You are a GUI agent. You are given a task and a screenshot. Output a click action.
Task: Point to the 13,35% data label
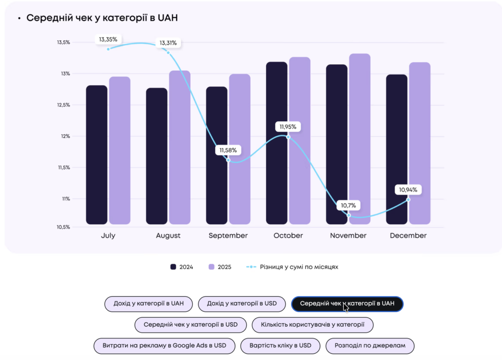pos(109,39)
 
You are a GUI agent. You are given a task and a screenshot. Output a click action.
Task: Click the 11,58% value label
pos(228,150)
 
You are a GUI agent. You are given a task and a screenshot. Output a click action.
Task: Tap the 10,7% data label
pos(349,205)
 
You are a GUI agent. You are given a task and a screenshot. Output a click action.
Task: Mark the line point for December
pos(408,200)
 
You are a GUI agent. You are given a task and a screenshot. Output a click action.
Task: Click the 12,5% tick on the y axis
pos(63,105)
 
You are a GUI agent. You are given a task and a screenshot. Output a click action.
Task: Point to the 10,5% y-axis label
pos(63,227)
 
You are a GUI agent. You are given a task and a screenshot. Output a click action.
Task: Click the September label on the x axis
pos(228,235)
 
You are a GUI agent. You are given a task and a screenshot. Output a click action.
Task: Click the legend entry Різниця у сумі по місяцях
pos(293,267)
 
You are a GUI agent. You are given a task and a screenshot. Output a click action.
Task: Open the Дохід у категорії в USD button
pos(242,304)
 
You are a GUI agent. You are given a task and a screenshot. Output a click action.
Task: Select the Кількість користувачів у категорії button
pos(312,325)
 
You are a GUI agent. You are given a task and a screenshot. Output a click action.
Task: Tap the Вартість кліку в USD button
pos(280,346)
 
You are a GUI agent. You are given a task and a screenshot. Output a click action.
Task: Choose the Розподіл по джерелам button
pos(370,346)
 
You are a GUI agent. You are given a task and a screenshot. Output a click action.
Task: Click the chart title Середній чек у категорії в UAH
pos(101,18)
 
